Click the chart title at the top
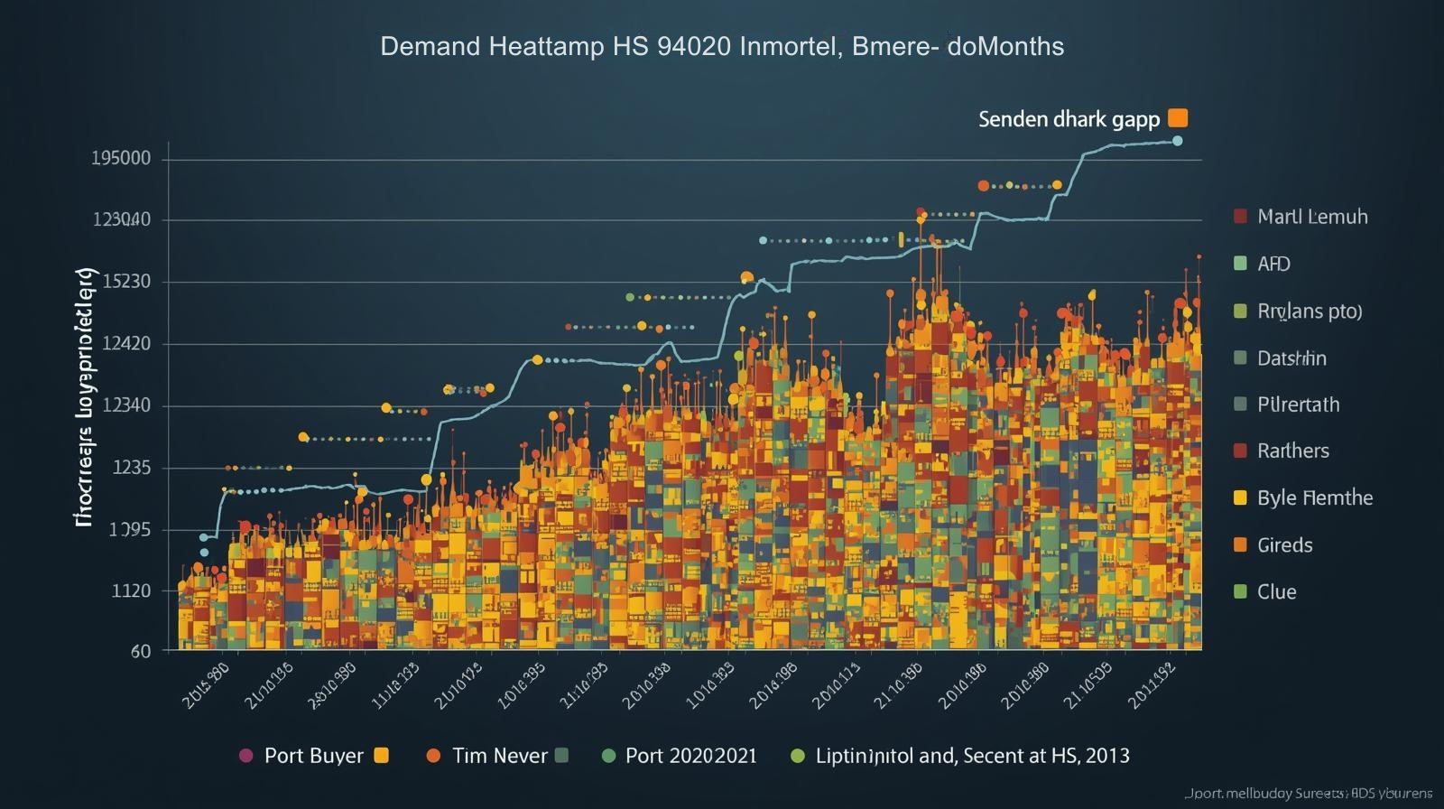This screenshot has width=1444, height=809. [722, 46]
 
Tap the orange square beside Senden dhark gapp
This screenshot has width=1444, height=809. [1178, 118]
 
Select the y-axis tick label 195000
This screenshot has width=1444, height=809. [121, 159]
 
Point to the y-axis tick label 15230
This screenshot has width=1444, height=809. [126, 282]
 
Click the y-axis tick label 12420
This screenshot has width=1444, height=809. [126, 344]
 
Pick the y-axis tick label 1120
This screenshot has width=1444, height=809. [131, 591]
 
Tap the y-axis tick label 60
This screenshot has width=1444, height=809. [141, 651]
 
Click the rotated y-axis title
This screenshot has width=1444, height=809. [84, 397]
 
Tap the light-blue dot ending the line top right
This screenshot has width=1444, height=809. [1177, 141]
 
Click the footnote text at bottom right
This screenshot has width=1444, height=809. [1308, 794]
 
